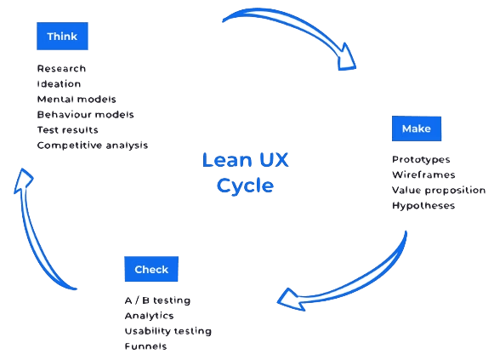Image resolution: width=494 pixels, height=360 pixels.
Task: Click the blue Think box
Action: [62, 36]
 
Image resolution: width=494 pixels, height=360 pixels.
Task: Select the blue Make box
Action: [417, 129]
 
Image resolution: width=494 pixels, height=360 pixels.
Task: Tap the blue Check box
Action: [151, 269]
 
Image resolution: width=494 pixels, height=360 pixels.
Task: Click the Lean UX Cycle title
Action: [245, 173]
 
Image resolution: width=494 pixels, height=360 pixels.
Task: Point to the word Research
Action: [61, 68]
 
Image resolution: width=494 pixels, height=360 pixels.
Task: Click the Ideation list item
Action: [59, 84]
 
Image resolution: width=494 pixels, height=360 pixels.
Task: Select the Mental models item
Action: [77, 100]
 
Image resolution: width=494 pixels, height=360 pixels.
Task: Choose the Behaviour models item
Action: [85, 114]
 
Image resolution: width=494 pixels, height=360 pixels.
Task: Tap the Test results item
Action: [67, 130]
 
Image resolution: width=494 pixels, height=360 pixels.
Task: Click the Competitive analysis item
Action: [93, 146]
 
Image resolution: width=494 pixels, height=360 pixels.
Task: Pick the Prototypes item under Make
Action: [421, 159]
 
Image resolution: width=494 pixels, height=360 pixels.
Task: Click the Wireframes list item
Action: [423, 174]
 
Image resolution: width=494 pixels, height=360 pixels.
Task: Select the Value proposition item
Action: [439, 191]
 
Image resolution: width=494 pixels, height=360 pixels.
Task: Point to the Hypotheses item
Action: [423, 206]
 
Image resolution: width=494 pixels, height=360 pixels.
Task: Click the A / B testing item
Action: [157, 300]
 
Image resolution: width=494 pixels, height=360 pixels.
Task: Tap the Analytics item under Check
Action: [149, 316]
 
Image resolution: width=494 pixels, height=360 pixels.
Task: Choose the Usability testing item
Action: [168, 331]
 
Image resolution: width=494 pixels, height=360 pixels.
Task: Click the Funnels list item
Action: [145, 346]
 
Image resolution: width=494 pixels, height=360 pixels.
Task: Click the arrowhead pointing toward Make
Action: [346, 59]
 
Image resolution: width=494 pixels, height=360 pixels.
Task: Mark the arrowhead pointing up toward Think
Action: [23, 180]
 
